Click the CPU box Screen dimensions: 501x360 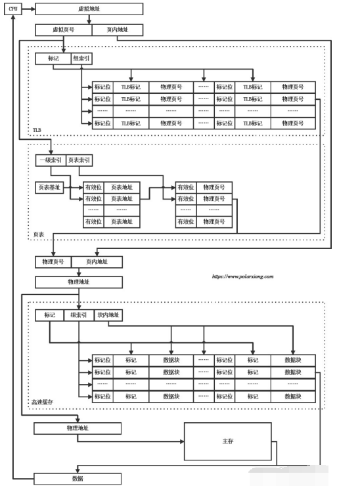point(14,9)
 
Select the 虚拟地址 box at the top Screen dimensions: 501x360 point(88,9)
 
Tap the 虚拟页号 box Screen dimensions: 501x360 point(63,30)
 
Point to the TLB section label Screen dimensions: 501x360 point(37,131)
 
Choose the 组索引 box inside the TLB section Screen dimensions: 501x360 point(82,58)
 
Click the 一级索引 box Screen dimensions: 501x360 point(50,160)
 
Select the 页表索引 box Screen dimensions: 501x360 point(79,160)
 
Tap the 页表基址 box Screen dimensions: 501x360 point(49,187)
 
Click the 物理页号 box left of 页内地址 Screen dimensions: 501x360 point(53,262)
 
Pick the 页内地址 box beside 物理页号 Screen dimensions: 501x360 point(97,262)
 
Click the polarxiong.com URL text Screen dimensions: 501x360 point(242,276)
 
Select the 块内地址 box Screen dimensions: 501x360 point(109,315)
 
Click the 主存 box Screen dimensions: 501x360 point(227,441)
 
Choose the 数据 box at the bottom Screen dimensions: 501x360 point(78,479)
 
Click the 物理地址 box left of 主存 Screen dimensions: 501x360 point(78,429)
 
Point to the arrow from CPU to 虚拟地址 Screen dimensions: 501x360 point(28,9)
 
